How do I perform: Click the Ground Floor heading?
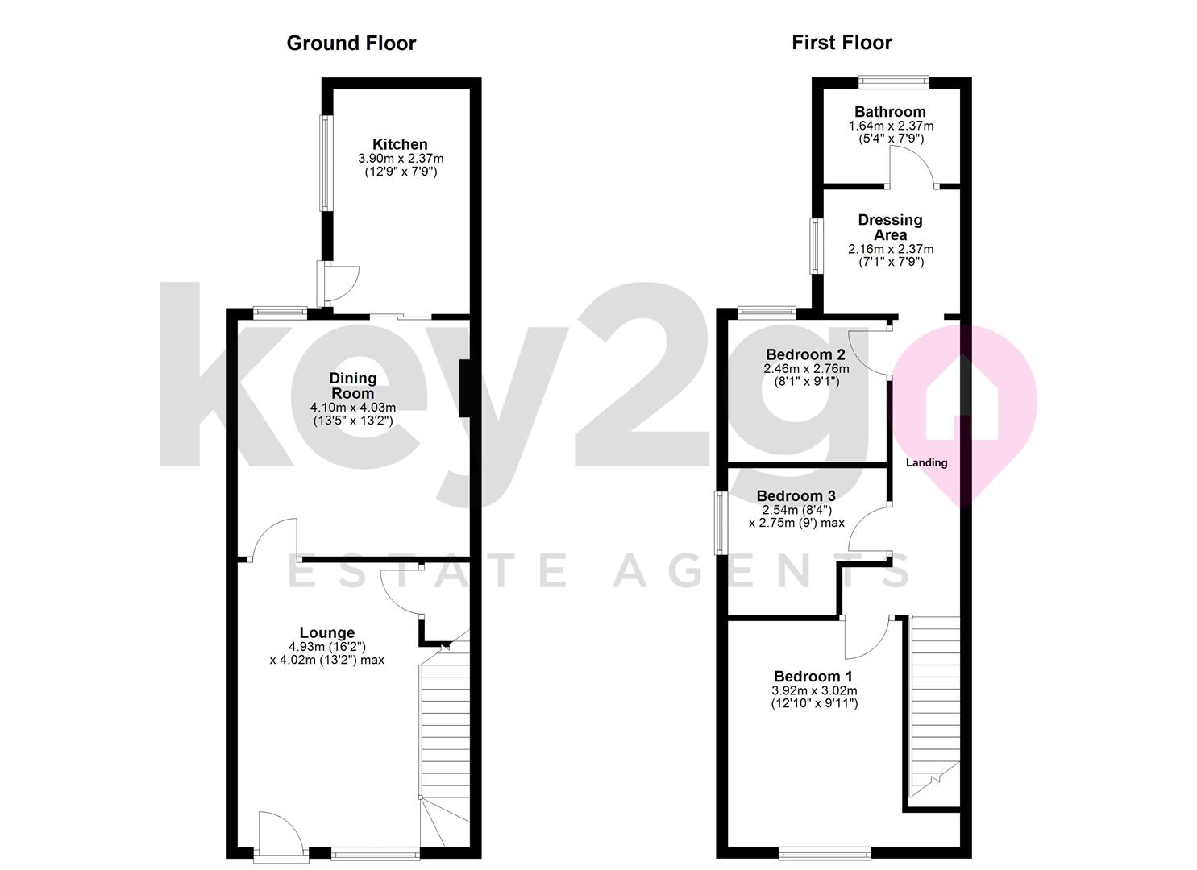351,43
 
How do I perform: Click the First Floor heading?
842,43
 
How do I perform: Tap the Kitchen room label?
400,144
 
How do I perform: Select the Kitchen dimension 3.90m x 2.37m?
401,159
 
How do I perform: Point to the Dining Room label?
353,386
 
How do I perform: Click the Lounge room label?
327,632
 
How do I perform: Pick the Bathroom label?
890,112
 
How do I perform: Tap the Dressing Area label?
890,227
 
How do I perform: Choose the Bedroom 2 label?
805,354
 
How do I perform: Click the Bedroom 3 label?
796,495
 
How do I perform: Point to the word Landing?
927,462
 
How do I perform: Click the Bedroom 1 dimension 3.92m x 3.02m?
814,690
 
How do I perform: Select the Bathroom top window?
893,81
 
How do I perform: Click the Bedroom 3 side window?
721,523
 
